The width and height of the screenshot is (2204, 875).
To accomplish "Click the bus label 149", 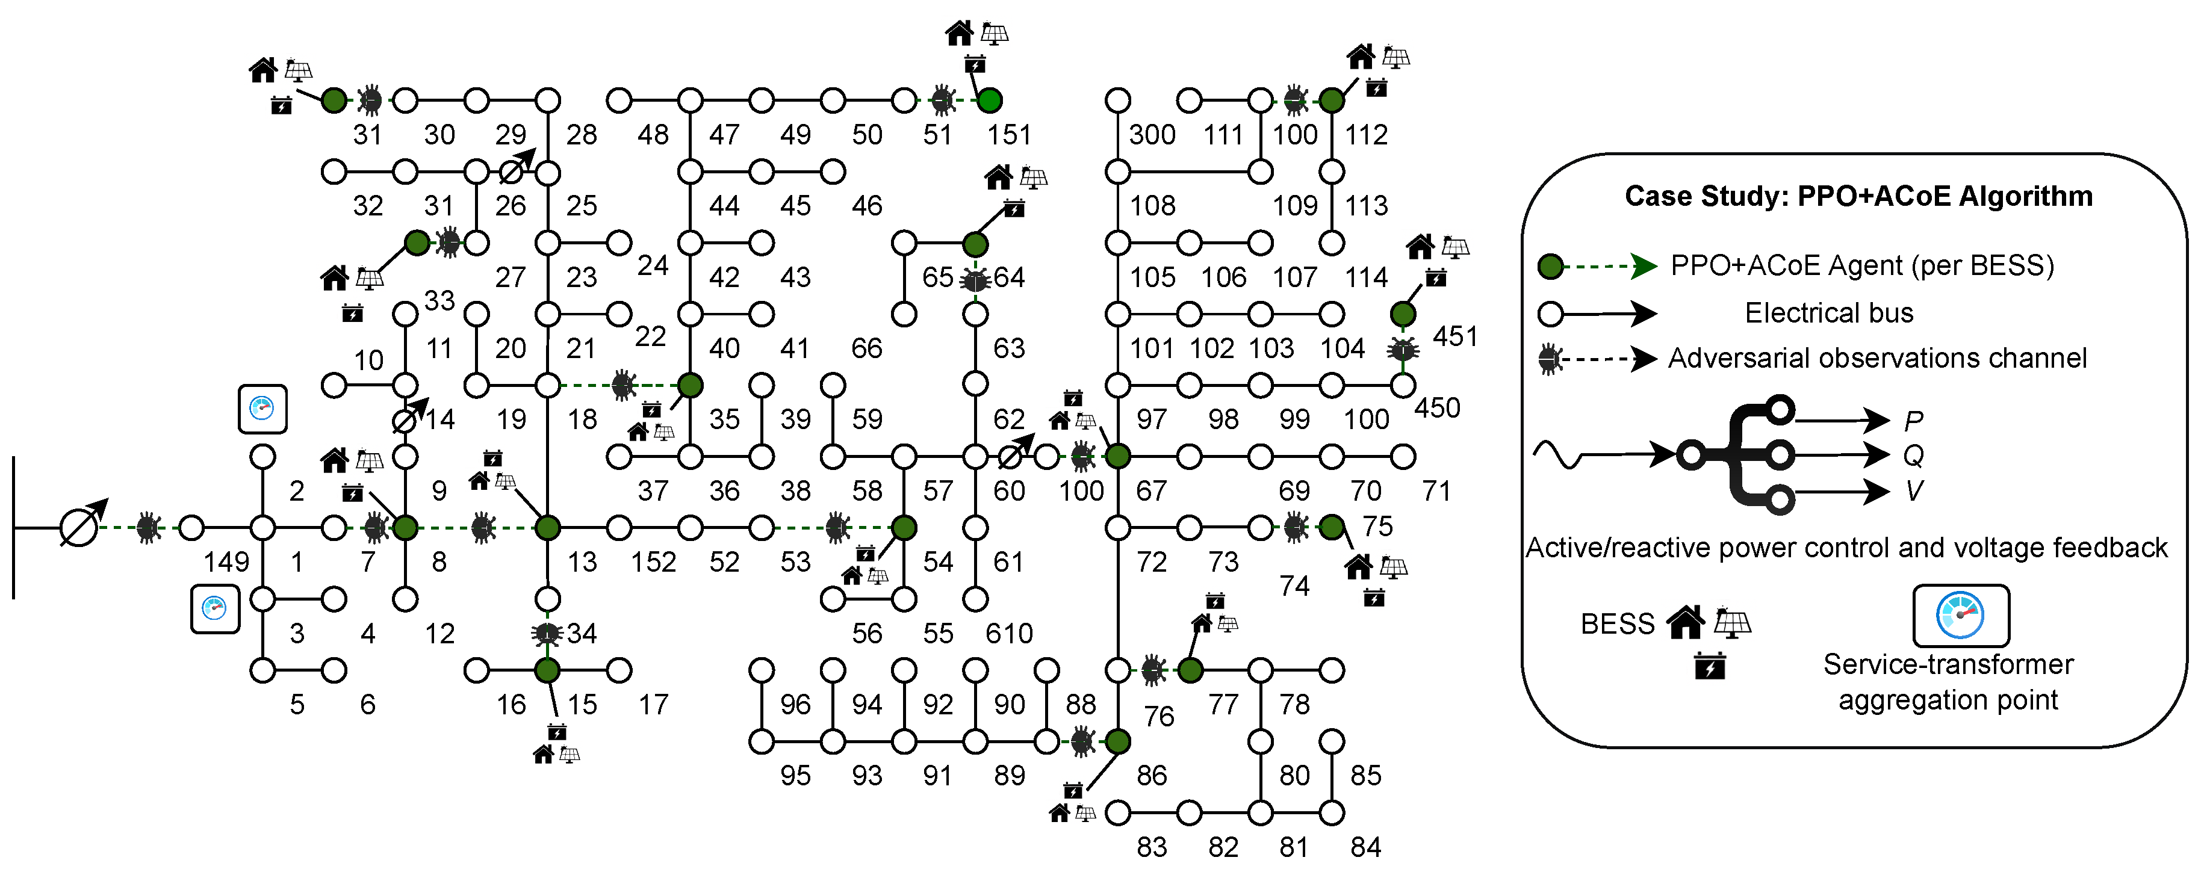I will [x=226, y=562].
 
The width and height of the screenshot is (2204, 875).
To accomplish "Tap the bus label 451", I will [x=1454, y=336].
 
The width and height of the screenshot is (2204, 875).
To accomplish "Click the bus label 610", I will [x=1009, y=634].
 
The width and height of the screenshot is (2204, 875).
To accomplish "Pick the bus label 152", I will [x=654, y=562].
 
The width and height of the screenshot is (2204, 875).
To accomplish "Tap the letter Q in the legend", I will [x=1913, y=456].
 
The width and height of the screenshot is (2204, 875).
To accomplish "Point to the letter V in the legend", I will [x=1914, y=491].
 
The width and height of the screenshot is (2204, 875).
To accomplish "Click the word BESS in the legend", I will [x=1617, y=625].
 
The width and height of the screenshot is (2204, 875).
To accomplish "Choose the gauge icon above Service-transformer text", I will [x=1960, y=616].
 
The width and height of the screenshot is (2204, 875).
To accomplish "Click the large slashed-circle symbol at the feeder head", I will [x=79, y=527].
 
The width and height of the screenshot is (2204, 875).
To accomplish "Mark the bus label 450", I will [x=1436, y=408].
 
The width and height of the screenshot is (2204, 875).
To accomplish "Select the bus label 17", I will [x=654, y=705].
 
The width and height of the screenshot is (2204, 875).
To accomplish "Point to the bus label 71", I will [x=1436, y=491].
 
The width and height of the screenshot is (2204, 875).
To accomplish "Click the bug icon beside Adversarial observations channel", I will [x=1550, y=359].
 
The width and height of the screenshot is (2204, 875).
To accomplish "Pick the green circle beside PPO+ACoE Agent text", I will [x=1550, y=267].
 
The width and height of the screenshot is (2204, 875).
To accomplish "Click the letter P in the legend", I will [x=1914, y=421].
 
